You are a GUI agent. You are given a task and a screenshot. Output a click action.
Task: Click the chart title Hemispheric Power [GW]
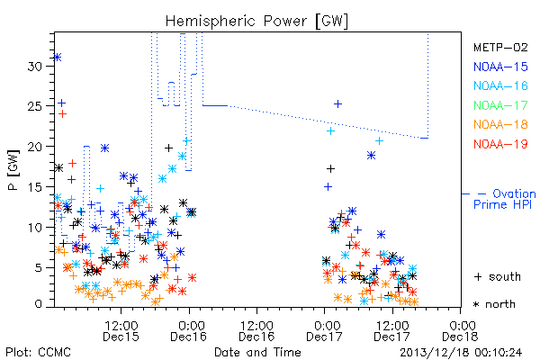coord(256,22)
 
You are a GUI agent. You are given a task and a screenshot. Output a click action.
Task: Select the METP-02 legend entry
coord(500,47)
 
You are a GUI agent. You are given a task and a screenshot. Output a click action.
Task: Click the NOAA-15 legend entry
coord(500,67)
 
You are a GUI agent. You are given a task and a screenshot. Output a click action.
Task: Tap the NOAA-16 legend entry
coord(500,85)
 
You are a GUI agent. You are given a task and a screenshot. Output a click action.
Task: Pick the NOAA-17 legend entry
coord(500,105)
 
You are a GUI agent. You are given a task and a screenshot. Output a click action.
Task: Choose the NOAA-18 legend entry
coord(500,124)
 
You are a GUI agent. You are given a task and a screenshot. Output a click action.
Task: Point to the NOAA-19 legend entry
coord(500,144)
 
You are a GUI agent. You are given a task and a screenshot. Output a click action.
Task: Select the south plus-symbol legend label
coord(498,276)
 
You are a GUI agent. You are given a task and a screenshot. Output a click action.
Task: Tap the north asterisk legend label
coord(494,304)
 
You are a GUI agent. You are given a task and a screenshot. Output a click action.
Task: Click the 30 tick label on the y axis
coord(35,66)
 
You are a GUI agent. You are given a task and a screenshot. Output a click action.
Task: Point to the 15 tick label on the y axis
coord(35,187)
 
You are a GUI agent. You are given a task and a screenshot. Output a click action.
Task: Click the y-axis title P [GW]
coord(13,170)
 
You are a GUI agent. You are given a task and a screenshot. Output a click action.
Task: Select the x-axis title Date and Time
coord(257,353)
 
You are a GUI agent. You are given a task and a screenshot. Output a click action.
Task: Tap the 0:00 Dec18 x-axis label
coord(460,331)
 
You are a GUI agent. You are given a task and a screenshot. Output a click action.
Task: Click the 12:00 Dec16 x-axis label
coord(256,331)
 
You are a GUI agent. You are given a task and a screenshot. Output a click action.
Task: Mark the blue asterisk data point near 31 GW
coord(58,58)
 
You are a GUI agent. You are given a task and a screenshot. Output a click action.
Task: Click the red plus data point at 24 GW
coord(62,114)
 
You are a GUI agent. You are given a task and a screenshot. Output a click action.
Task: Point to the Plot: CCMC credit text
coord(38,353)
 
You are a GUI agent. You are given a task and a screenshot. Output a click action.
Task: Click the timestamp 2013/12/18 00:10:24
coord(461,353)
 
